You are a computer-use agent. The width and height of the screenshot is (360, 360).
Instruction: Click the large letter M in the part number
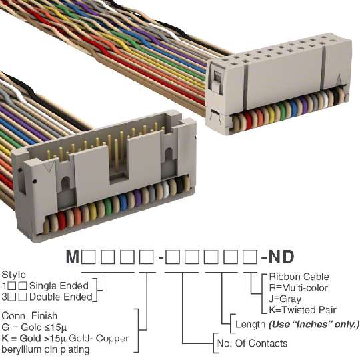pyautogui.click(x=73, y=257)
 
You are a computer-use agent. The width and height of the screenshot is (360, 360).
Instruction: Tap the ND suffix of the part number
pyautogui.click(x=281, y=257)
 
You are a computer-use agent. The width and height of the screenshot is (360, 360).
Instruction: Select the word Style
pyautogui.click(x=14, y=275)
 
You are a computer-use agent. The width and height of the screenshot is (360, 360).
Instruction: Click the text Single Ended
pyautogui.click(x=59, y=286)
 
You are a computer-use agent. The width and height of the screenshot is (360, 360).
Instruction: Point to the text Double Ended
pyautogui.click(x=61, y=297)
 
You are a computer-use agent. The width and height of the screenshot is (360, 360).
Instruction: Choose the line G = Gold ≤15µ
pyautogui.click(x=34, y=327)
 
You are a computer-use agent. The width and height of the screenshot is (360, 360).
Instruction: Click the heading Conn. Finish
pyautogui.click(x=29, y=316)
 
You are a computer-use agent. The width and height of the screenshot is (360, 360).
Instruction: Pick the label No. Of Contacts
pyautogui.click(x=252, y=343)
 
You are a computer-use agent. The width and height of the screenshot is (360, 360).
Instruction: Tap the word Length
pyautogui.click(x=250, y=325)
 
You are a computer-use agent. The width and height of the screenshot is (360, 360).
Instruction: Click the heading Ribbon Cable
pyautogui.click(x=299, y=277)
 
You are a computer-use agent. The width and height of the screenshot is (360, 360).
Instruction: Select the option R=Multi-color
pyautogui.click(x=298, y=288)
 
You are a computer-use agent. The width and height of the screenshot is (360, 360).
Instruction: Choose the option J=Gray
pyautogui.click(x=285, y=299)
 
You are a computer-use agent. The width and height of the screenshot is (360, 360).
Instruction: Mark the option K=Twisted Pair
pyautogui.click(x=303, y=310)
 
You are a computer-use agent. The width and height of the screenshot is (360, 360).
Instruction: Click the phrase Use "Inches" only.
pyautogui.click(x=313, y=325)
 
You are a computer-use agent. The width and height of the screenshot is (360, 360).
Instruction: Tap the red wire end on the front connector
pyautogui.click(x=61, y=221)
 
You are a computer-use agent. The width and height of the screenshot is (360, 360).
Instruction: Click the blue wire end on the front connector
pyautogui.click(x=123, y=202)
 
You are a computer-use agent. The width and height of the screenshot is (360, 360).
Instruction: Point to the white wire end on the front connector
pyautogui.click(x=166, y=189)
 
